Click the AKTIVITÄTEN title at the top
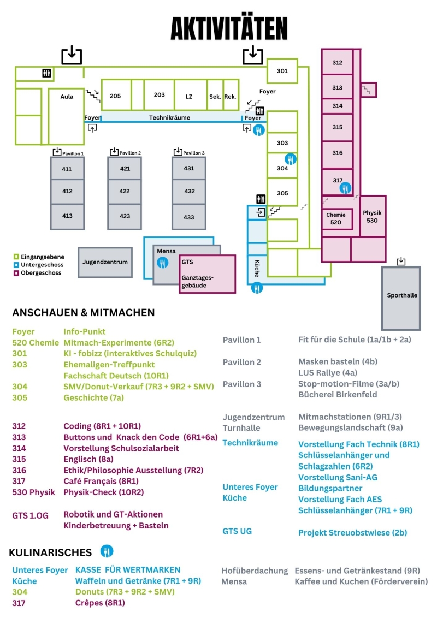229,29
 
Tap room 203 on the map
159,95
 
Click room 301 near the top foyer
282,72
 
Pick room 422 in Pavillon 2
125,191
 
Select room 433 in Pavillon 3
189,217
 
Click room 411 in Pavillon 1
67,169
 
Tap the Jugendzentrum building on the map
105,262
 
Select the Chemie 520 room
336,218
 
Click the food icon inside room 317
345,188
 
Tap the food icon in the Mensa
163,263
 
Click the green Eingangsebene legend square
16,256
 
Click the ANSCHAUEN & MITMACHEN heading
84,313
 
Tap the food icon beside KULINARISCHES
107,551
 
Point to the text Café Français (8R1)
101,481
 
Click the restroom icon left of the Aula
46,73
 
